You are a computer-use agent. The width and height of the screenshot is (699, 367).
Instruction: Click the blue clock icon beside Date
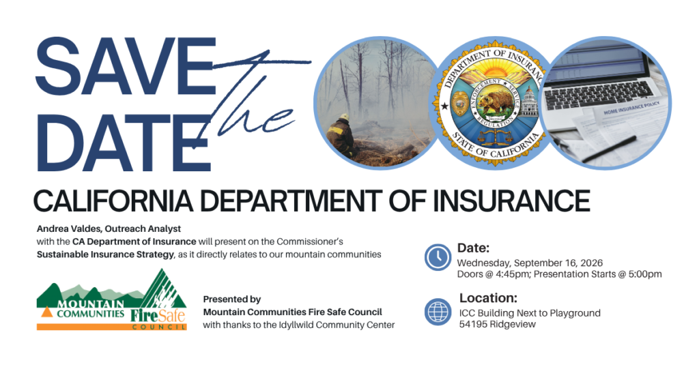(438, 257)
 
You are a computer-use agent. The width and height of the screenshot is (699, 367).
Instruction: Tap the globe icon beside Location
(438, 312)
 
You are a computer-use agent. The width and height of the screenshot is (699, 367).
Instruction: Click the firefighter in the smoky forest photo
(341, 135)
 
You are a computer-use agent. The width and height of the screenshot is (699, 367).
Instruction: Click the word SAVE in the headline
(126, 68)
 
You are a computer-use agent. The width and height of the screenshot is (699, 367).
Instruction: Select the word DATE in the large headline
(124, 143)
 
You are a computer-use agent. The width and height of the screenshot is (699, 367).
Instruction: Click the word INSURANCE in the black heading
(511, 201)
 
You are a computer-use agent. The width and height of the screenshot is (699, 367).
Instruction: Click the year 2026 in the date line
(592, 263)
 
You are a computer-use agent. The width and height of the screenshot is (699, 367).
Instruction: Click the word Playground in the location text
(575, 314)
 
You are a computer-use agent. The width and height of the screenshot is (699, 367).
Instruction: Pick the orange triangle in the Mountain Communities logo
(47, 312)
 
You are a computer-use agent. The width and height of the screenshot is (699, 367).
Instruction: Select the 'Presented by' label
(232, 299)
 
